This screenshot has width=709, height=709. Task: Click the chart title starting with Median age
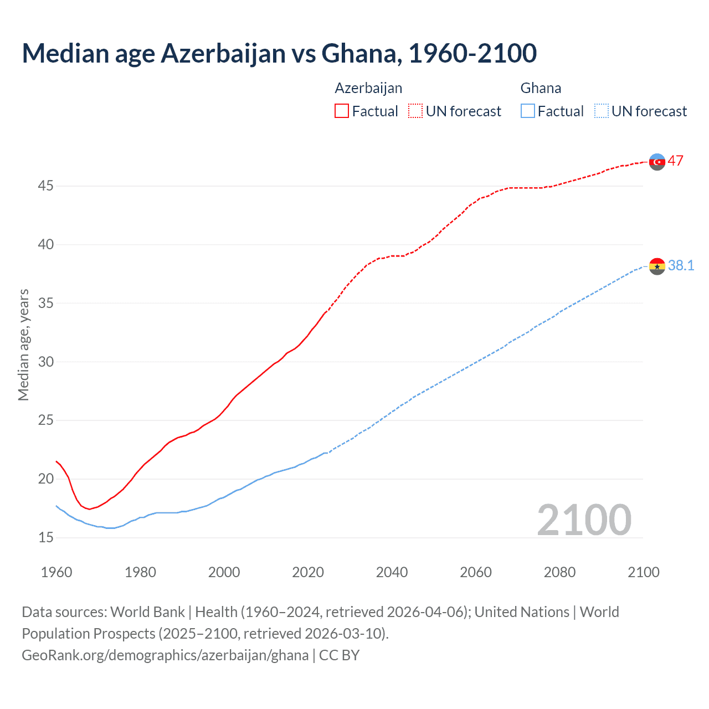coord(279,53)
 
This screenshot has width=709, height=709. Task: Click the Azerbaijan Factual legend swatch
coord(342,111)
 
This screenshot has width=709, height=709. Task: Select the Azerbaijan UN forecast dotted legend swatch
coord(415,111)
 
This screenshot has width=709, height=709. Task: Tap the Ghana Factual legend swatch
coord(528,111)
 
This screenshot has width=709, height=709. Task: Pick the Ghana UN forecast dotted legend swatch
coord(601,111)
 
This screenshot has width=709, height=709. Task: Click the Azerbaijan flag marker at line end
coord(657,162)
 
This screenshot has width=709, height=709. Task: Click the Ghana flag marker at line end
coord(657,266)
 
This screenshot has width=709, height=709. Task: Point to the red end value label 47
coord(675,161)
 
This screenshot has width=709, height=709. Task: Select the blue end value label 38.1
coord(681,266)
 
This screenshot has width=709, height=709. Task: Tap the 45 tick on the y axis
coord(45,186)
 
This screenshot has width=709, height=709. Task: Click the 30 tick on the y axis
coord(45,362)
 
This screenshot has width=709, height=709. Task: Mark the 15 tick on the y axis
coord(45,537)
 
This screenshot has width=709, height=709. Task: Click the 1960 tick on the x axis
coord(56,572)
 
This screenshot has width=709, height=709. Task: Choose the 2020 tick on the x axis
coord(308,572)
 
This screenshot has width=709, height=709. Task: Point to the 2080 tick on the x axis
coord(559,572)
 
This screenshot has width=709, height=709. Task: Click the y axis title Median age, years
coord(23,345)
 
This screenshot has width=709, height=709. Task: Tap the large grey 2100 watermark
coord(584,520)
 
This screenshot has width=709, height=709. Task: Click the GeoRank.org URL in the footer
coord(165,655)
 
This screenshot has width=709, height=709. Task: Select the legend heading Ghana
coord(541,88)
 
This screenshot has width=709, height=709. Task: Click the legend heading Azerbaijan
coord(368,88)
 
